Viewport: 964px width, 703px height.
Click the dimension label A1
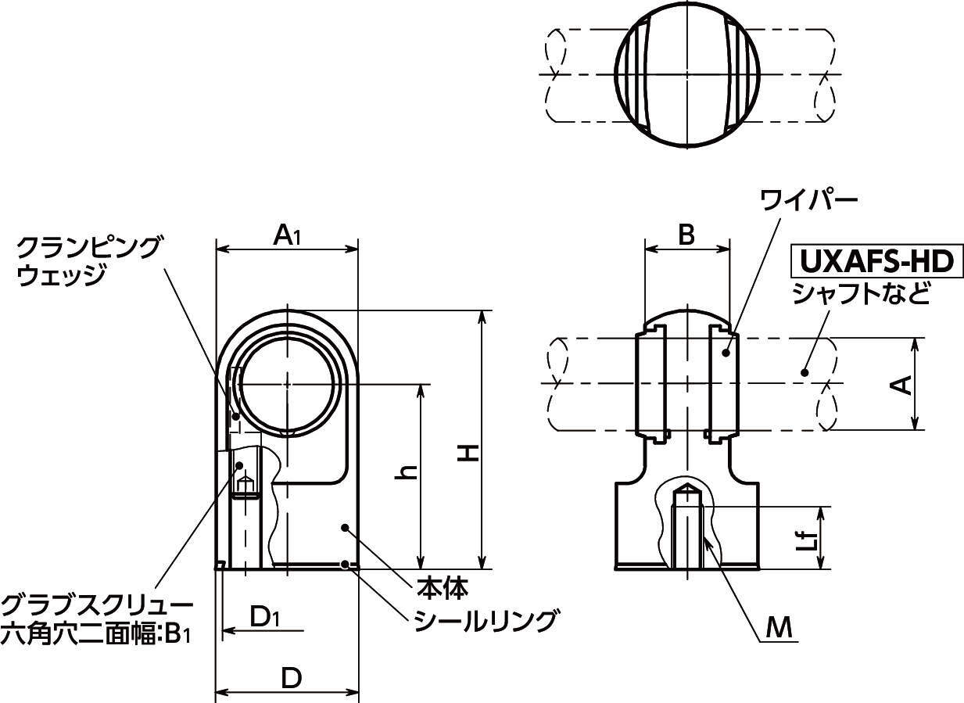coord(287,235)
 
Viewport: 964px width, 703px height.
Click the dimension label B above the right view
coord(686,235)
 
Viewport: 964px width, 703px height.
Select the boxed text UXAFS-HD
coord(876,261)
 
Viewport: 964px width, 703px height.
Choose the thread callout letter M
coord(779,628)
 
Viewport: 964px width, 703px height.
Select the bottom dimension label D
coord(292,679)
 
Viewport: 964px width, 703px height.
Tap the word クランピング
coord(88,248)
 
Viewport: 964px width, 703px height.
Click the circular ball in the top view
coord(687,76)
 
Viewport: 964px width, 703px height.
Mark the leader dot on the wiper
coord(726,353)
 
